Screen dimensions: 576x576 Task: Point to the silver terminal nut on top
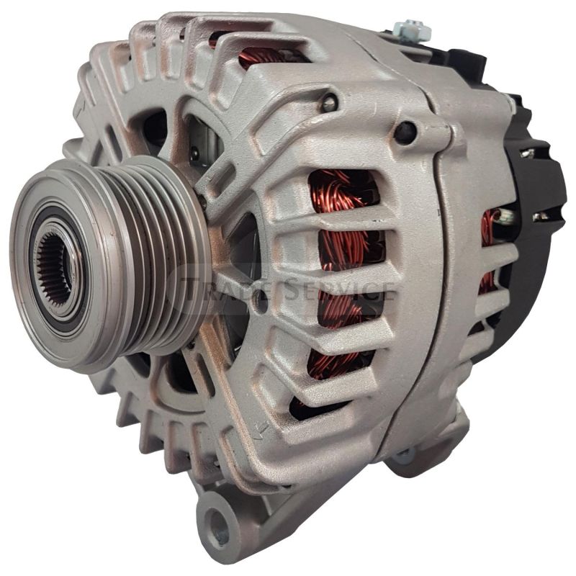(x=415, y=30)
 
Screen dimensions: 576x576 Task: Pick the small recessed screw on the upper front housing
(x=328, y=103)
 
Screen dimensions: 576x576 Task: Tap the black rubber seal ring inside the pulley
(x=43, y=238)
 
